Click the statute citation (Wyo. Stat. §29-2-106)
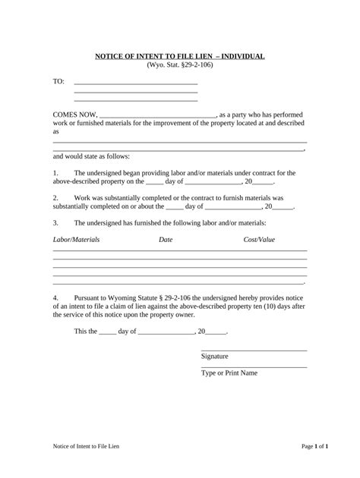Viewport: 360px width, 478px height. pos(179,66)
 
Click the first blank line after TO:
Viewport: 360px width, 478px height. pos(135,83)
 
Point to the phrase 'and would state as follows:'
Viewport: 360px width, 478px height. pos(91,156)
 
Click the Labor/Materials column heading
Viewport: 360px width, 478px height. pos(76,240)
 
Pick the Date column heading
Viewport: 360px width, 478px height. pos(166,240)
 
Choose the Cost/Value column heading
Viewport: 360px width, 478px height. pos(259,240)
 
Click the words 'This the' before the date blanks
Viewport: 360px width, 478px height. pos(85,332)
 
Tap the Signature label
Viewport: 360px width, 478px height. pos(215,357)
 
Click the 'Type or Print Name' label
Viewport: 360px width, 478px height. pos(229,373)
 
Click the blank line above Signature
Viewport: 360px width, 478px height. pos(254,349)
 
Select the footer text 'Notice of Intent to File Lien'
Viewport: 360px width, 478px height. pos(81,447)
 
